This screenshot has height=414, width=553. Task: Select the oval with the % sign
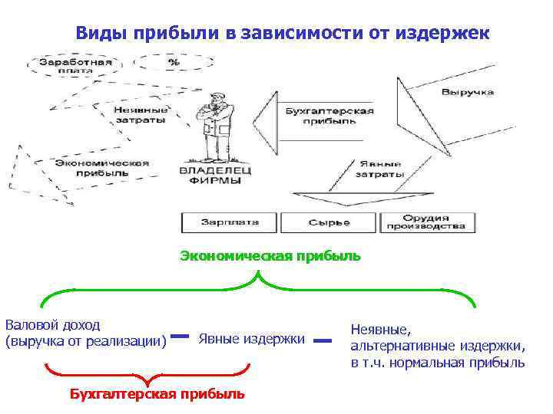click(x=174, y=62)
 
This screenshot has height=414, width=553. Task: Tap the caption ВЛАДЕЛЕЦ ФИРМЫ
click(x=209, y=176)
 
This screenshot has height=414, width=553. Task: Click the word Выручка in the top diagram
click(x=467, y=92)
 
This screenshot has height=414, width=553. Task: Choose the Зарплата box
click(x=230, y=222)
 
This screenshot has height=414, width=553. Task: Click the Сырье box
click(x=329, y=222)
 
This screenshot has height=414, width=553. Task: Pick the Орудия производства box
click(x=426, y=222)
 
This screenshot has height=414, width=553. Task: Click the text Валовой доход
click(x=52, y=325)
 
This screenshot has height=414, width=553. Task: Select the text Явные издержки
click(x=251, y=339)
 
